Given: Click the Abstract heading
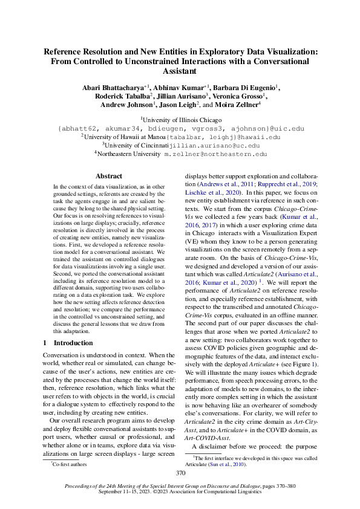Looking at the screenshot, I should [109, 176].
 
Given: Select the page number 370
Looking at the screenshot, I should [180, 473].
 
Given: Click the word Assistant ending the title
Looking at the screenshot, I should [180, 70].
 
